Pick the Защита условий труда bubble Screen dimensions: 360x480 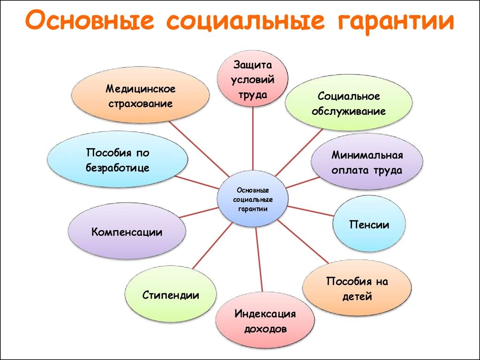point(253,78)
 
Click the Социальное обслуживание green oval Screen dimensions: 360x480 point(349,104)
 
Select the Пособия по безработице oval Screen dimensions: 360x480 point(118,160)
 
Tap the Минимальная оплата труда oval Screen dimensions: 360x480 point(367,162)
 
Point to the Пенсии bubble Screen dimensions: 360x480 point(368,225)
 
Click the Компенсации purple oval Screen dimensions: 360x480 point(127,232)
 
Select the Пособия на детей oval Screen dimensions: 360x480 point(357,288)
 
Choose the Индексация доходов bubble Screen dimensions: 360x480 point(265,321)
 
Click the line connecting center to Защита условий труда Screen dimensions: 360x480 point(253,136)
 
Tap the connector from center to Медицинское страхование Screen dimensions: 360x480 point(197,148)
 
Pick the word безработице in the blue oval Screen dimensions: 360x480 point(118,167)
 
